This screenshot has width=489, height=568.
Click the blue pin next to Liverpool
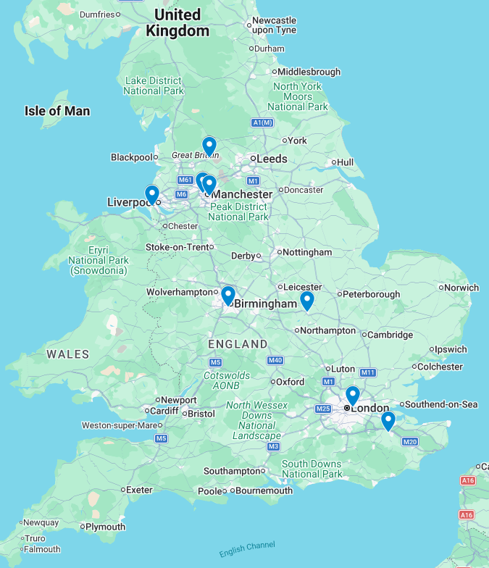point(151,194)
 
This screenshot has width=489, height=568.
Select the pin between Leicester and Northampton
point(306,300)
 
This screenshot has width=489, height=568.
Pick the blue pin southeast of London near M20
point(388,420)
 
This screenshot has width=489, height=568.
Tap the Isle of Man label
point(57,111)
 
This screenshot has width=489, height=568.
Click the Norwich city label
point(461,288)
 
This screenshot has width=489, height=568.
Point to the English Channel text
point(247,550)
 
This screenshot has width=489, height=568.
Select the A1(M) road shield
point(262,122)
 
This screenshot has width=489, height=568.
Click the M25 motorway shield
point(323,409)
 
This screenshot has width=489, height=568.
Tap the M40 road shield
point(275,360)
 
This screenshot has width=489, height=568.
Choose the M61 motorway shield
point(185,180)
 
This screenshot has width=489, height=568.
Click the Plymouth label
point(105,527)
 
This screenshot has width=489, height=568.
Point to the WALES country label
point(67,354)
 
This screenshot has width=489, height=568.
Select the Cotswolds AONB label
point(226,380)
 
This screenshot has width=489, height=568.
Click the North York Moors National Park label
point(297,96)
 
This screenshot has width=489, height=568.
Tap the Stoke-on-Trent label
point(177,247)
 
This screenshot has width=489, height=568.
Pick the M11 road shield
point(368,372)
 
